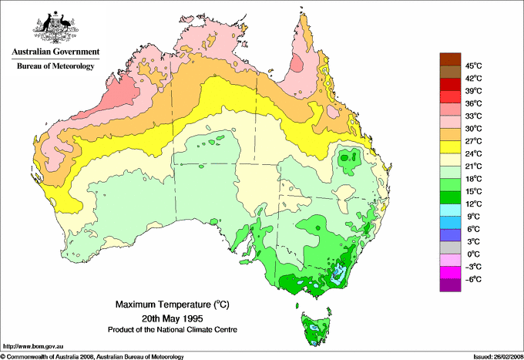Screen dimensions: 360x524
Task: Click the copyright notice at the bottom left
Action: pos(92,356)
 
